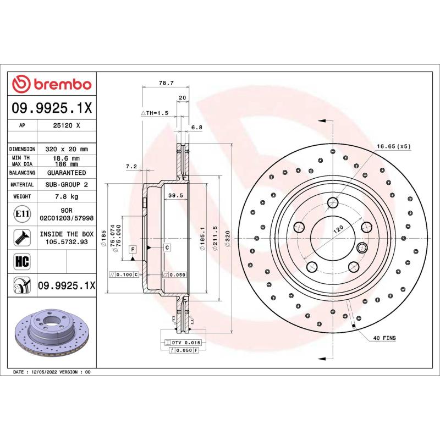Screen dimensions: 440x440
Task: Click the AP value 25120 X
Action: tap(67, 125)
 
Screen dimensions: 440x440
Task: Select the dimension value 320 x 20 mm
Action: tap(67, 149)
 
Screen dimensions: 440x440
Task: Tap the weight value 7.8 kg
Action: tap(67, 196)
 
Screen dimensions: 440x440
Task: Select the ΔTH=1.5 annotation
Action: tap(154, 113)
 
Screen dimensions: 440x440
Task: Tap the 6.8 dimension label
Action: tap(196, 127)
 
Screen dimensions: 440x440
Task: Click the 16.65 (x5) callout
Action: tap(393, 146)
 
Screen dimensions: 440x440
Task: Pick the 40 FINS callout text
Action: tap(384, 338)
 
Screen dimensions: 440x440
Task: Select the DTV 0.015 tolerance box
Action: tap(184, 342)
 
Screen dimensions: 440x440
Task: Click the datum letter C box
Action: tap(167, 248)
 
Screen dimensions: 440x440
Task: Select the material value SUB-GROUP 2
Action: tap(67, 185)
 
